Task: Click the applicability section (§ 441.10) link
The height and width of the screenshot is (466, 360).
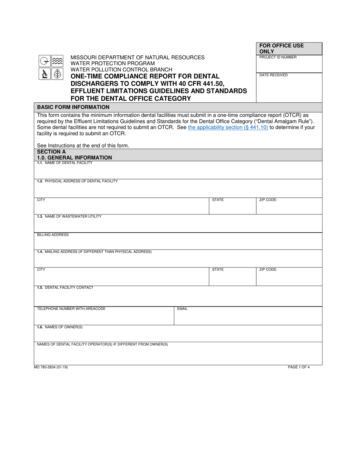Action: pos(228,128)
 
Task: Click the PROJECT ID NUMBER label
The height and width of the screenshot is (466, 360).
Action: pos(278,58)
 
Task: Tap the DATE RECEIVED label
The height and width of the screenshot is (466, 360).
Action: pos(273,75)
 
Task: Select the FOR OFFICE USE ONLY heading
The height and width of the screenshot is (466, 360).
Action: pos(282,48)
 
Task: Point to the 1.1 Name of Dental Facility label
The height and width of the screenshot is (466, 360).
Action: pos(65,163)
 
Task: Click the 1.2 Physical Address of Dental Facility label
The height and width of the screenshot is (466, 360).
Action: pos(77,181)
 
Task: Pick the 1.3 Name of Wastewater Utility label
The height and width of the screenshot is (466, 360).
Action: pos(69,216)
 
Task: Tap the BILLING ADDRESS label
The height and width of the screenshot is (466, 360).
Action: pos(53,235)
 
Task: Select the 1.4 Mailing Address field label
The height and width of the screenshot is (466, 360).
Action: pos(94,252)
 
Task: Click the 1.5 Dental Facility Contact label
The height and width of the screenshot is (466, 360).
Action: pos(65,288)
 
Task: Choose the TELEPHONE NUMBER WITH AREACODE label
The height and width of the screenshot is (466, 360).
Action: pos(71,309)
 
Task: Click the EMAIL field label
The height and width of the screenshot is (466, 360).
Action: pos(182,309)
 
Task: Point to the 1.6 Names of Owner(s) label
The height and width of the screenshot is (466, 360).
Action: pos(60,327)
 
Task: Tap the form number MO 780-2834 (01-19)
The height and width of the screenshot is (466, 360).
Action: pos(51,367)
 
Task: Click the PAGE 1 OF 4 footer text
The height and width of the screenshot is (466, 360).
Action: pos(299,367)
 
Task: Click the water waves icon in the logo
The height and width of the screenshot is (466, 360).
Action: pos(57,61)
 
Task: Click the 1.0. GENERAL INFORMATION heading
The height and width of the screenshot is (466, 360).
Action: pos(74,158)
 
